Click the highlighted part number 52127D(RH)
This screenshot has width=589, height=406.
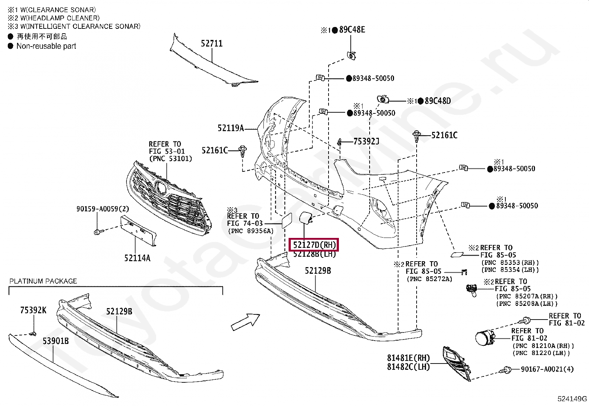coord(314,245)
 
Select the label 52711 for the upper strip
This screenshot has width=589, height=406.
coord(212,44)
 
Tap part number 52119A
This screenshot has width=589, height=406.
coord(230,128)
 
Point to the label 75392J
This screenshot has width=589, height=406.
coord(366,141)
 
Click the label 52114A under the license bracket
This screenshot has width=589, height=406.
coord(137,258)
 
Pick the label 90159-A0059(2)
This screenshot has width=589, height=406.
coord(102,209)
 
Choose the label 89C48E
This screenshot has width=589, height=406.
coord(352,30)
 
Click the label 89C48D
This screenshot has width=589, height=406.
coord(438,100)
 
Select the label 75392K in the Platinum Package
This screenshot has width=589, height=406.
coord(33,310)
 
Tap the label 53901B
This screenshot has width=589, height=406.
coord(55,341)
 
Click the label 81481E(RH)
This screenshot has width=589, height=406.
coord(408,358)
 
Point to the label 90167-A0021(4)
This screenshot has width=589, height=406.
coord(547,369)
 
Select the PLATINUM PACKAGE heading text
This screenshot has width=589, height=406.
coord(43,281)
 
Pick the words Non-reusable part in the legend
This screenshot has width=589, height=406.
coord(46,46)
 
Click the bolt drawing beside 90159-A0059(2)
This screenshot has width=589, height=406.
coord(98,232)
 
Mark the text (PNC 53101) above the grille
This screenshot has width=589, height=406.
coord(171,158)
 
